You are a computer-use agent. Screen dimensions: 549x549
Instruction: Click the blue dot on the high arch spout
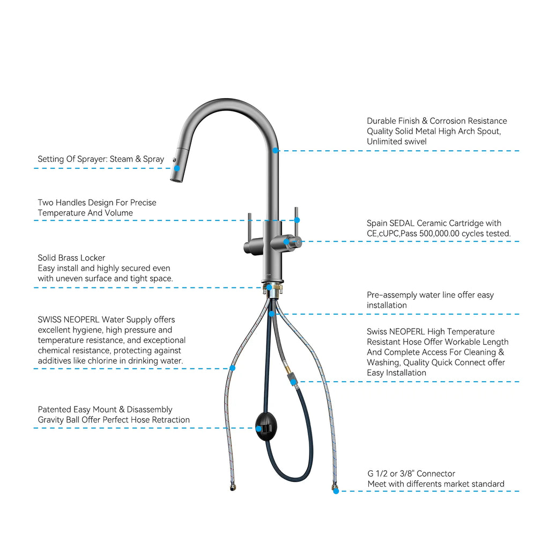pyautogui.click(x=276, y=151)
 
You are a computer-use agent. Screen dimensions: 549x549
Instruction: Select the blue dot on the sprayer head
pyautogui.click(x=177, y=168)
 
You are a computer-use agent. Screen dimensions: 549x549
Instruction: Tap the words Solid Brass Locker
pyautogui.click(x=71, y=258)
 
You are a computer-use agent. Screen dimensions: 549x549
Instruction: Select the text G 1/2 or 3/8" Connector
pyautogui.click(x=411, y=473)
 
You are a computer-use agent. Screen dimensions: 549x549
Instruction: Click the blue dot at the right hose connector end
pyautogui.click(x=336, y=491)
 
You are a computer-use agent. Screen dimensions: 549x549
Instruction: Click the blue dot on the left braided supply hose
pyautogui.click(x=232, y=368)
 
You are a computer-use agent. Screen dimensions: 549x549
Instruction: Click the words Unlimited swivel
pyautogui.click(x=397, y=142)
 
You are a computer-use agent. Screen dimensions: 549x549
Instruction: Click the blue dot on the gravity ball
pyautogui.click(x=259, y=428)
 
